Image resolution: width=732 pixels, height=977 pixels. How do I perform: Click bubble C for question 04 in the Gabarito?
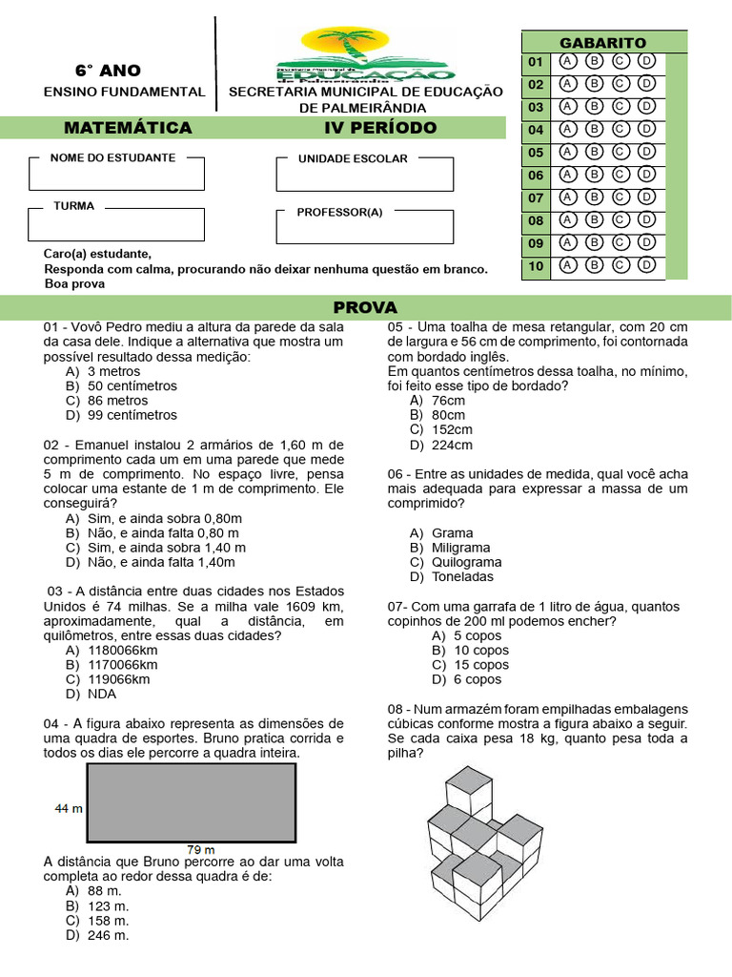coord(620,129)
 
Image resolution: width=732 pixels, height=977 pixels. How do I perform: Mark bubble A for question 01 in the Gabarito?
coord(568,61)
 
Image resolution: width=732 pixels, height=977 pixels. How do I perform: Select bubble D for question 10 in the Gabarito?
coord(646,265)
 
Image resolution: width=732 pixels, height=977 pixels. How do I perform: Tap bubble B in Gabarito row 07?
coord(594,197)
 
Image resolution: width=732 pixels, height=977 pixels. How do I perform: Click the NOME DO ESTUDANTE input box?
coord(116,176)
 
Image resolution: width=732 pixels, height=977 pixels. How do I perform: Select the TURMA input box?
coord(116,224)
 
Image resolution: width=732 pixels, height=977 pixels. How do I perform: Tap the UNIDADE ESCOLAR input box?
coord(365,176)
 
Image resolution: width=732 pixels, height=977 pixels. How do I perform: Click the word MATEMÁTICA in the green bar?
coord(128,128)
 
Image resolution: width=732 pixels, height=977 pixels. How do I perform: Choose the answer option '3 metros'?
coord(113,371)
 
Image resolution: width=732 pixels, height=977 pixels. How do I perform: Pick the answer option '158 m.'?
coord(108,921)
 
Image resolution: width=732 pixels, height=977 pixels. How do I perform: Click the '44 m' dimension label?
coord(68,808)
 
